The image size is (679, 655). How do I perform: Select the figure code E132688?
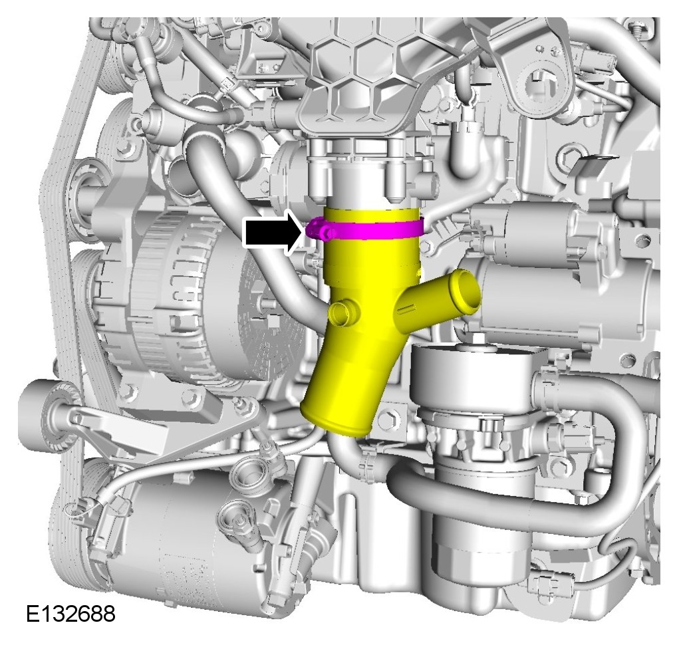point(70,614)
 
